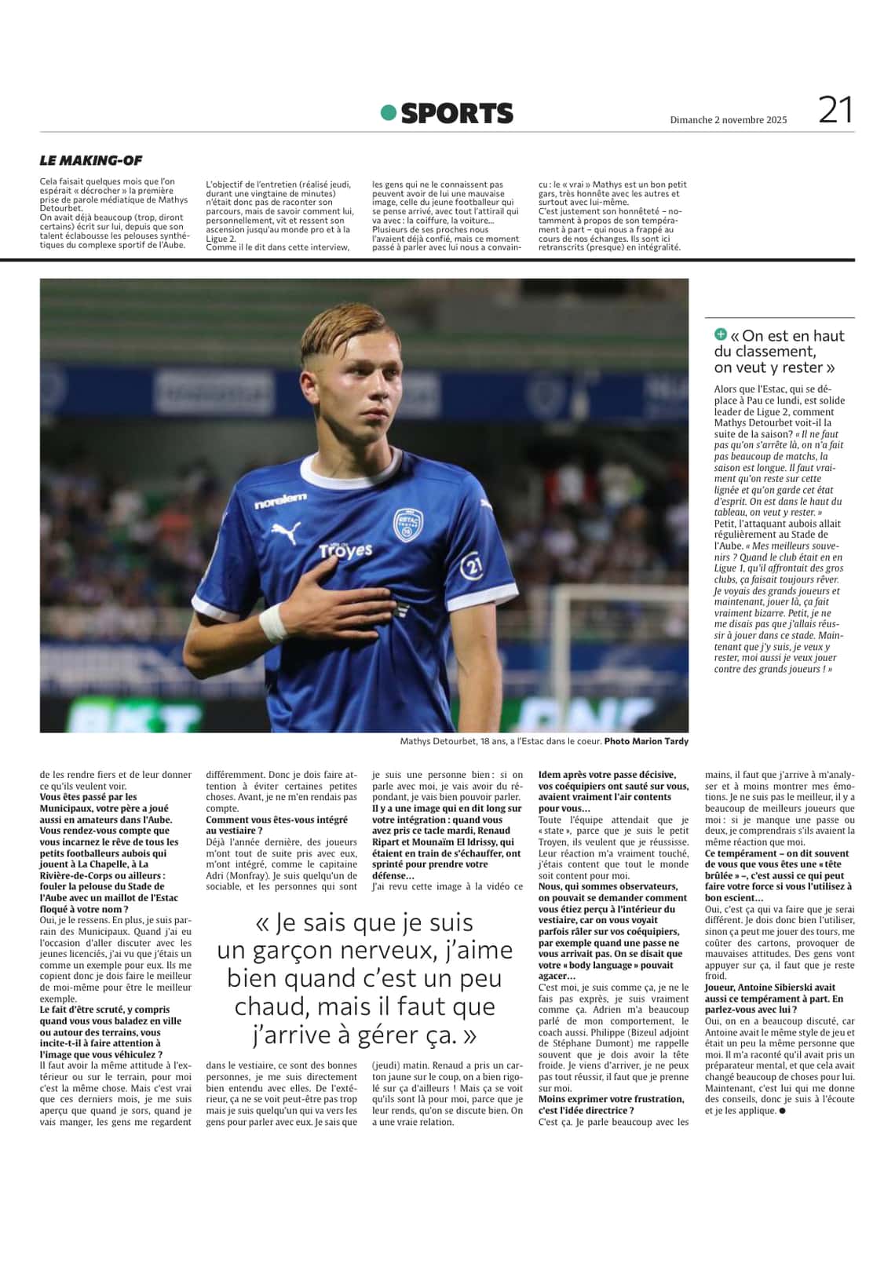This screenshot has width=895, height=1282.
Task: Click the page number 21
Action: point(835,109)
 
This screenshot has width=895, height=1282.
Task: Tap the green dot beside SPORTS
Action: point(388,113)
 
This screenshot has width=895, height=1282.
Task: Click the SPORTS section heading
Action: point(457,114)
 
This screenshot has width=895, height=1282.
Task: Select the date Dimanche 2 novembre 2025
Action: point(728,120)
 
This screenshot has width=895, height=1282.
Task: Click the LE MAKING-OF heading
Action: point(91,160)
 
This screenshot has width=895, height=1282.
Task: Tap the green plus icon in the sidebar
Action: point(721,334)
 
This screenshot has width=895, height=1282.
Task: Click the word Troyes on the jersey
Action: point(345,550)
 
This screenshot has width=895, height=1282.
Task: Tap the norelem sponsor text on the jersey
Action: point(281,499)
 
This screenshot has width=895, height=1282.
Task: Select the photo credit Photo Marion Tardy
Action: point(646,741)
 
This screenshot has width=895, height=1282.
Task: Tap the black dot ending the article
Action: point(782,1111)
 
